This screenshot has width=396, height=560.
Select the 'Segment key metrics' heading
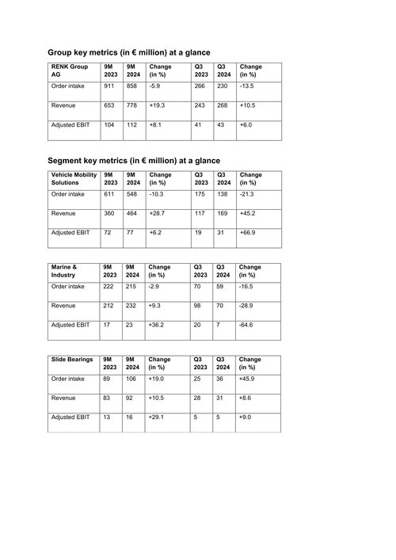pyautogui.click(x=134, y=159)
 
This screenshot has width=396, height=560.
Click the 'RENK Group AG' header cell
pyautogui.click(x=69, y=71)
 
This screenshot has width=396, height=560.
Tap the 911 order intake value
pyautogui.click(x=109, y=86)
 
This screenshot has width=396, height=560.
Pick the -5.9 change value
pyautogui.click(x=156, y=86)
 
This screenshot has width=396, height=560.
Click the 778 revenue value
pyautogui.click(x=132, y=106)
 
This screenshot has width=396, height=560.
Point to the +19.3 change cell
pyautogui.click(x=158, y=106)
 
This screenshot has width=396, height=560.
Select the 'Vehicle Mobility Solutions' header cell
pyautogui.click(x=72, y=178)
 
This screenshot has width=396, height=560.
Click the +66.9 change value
pyautogui.click(x=248, y=233)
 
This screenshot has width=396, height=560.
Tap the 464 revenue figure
pyautogui.click(x=132, y=214)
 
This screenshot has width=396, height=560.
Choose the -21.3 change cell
pyautogui.click(x=247, y=193)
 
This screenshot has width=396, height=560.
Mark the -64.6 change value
pyautogui.click(x=247, y=326)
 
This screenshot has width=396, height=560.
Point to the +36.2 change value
pyautogui.click(x=158, y=326)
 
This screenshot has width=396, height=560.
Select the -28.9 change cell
pyautogui.click(x=247, y=306)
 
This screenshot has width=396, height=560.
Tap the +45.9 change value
pyautogui.click(x=248, y=379)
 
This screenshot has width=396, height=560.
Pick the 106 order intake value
pyautogui.click(x=132, y=379)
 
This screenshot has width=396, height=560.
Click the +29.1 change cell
pyautogui.click(x=158, y=417)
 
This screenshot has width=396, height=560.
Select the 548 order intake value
pyautogui.click(x=132, y=193)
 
